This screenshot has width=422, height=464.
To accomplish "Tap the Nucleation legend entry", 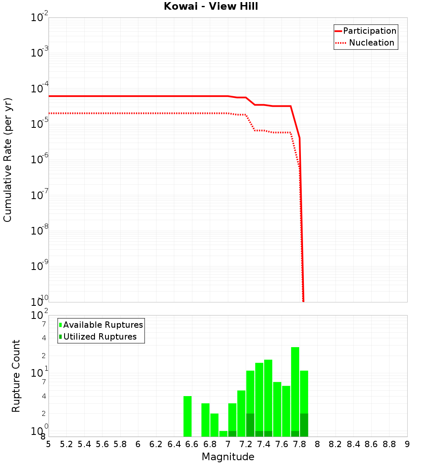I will (x=371, y=43).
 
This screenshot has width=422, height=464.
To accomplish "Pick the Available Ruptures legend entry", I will (x=103, y=325).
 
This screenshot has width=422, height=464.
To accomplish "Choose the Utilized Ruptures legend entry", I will (x=100, y=337).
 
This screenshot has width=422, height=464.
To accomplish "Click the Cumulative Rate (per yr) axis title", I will (x=8, y=160).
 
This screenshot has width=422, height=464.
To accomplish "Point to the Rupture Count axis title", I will (x=16, y=376).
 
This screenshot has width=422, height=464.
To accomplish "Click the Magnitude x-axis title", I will (x=228, y=457).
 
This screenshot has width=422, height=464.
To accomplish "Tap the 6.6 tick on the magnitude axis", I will (x=192, y=444).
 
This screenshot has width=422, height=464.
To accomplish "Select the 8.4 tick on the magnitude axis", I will (x=354, y=444).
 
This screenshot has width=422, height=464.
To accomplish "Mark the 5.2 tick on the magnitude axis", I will (x=66, y=444).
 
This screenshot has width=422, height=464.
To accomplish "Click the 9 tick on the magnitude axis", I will (x=407, y=444).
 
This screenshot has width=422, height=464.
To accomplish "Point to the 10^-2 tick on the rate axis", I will (x=40, y=18).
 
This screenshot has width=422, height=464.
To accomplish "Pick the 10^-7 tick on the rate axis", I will (x=40, y=195).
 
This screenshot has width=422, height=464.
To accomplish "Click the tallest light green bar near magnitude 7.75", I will (x=295, y=388).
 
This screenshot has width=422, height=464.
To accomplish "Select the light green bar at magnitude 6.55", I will (x=187, y=416).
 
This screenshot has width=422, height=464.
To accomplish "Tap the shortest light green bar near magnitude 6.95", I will (x=223, y=434).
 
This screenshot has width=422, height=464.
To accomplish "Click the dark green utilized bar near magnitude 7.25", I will (x=250, y=425).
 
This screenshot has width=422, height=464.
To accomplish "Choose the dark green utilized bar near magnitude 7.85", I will (x=304, y=425).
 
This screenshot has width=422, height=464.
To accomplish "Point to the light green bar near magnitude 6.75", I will (x=206, y=420).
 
